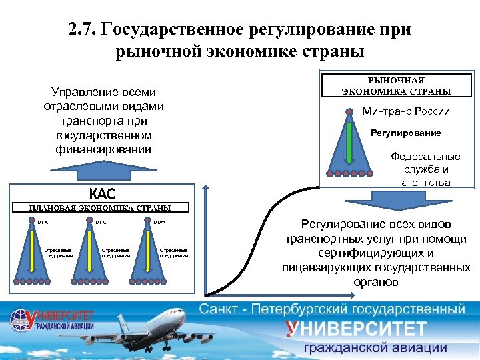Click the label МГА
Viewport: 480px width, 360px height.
(41, 221)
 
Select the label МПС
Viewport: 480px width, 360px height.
(101, 221)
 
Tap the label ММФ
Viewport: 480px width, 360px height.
(159, 221)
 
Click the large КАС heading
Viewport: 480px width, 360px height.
(102, 194)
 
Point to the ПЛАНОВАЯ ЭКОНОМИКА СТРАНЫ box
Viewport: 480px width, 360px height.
(100, 208)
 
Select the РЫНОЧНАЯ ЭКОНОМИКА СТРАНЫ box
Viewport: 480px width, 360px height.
(396, 85)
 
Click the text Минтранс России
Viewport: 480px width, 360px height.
(406, 111)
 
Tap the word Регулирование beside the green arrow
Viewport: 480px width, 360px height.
(405, 133)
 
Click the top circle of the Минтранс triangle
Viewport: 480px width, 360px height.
(349, 111)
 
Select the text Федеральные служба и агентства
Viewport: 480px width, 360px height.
(425, 169)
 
